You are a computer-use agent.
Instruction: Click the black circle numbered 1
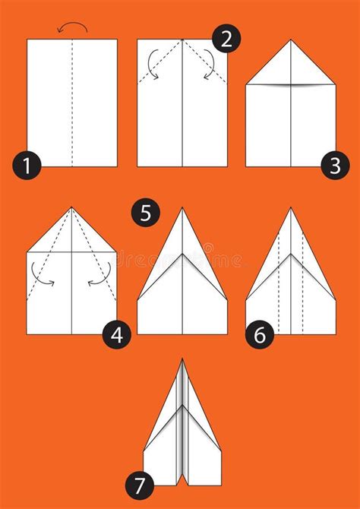pyautogui.click(x=27, y=164)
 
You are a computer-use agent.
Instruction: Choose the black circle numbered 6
pyautogui.click(x=260, y=335)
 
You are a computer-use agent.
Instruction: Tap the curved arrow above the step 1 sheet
pyautogui.click(x=72, y=28)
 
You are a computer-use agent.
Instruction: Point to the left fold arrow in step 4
pyautogui.click(x=43, y=278)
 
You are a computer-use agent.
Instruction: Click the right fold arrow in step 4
pyautogui.click(x=99, y=278)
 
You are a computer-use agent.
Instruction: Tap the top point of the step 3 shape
pyautogui.click(x=291, y=41)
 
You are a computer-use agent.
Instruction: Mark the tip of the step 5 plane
pyautogui.click(x=182, y=209)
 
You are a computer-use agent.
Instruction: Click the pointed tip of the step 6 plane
pyautogui.click(x=291, y=209)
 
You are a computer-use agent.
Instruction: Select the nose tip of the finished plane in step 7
pyautogui.click(x=182, y=360)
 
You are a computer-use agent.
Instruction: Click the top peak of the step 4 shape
pyautogui.click(x=71, y=208)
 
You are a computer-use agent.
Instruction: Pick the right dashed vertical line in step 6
pyautogui.click(x=302, y=289)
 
